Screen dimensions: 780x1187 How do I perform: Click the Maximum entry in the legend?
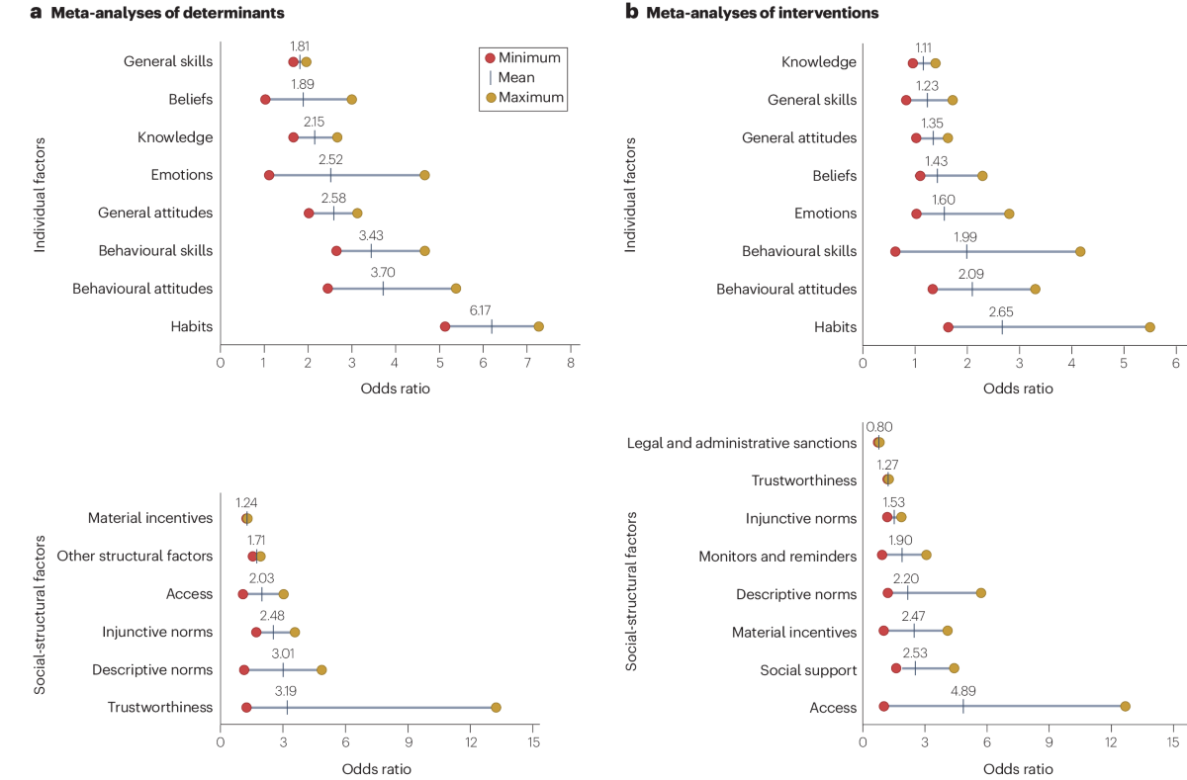coord(530,97)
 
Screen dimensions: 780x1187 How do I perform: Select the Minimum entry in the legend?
coord(529,57)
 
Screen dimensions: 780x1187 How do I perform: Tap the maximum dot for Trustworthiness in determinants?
coord(496,707)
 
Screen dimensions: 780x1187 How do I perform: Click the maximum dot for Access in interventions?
coord(1125,706)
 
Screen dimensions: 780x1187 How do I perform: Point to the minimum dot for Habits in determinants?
coord(445,326)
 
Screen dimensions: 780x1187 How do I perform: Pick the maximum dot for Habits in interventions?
coord(1149,327)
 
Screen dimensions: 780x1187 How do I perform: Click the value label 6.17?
coord(480,309)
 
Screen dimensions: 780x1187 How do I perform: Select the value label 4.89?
coord(962,689)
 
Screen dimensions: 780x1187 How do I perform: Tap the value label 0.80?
coord(878,427)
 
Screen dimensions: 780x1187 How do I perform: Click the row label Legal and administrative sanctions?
coord(742,443)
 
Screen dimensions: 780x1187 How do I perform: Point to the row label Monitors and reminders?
coord(777,557)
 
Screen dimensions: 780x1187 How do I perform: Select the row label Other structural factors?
coord(135,557)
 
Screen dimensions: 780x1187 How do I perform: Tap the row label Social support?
coord(808,670)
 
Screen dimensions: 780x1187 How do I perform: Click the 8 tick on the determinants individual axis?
coord(571,363)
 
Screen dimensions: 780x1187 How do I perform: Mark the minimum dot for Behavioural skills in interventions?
coord(895,251)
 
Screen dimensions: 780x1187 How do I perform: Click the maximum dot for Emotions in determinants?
coord(424,175)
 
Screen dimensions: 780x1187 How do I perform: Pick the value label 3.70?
coord(383,272)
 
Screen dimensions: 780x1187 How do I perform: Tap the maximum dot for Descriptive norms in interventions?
coord(980,593)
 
